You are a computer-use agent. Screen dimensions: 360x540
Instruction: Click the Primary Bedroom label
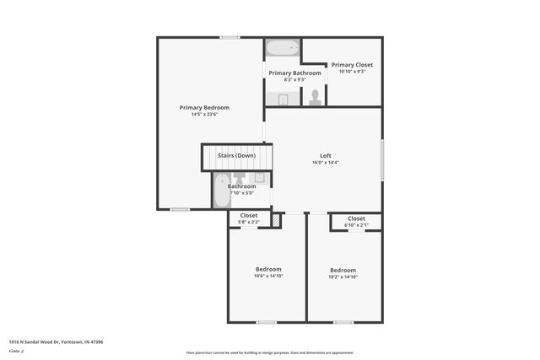point(204,107)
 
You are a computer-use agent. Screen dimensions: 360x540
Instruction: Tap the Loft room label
point(325,155)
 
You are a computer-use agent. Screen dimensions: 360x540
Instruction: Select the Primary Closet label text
point(351,65)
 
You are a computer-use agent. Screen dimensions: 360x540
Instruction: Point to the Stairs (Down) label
point(236,156)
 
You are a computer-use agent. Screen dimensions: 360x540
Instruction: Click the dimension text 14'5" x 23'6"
point(204,115)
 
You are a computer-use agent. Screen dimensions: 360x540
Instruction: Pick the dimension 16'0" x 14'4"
point(325,163)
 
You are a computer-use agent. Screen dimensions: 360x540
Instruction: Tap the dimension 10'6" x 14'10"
point(268,277)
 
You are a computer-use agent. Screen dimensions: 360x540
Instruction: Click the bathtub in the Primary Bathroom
point(283,48)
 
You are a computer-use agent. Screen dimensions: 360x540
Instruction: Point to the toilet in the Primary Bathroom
point(316,97)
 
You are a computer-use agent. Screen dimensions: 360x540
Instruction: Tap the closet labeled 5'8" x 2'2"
point(249,218)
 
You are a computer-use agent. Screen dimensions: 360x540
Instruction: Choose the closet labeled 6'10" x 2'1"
point(356,222)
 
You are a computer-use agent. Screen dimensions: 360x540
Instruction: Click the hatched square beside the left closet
point(275,220)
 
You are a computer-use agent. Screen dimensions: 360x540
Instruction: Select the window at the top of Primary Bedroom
point(229,37)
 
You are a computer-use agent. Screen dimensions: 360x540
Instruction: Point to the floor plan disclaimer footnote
point(270,353)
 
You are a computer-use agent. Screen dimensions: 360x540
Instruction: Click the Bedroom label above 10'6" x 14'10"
point(268,269)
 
